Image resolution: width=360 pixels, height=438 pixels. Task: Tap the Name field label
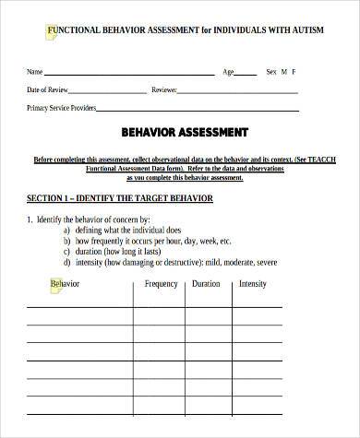[x=34, y=71]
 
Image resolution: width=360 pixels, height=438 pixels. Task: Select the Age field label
[x=228, y=71]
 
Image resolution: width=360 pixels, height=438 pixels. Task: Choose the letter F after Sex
[x=294, y=71]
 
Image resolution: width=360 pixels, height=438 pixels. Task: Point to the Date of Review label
[x=46, y=90]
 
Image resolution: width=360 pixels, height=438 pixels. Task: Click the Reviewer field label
[x=163, y=90]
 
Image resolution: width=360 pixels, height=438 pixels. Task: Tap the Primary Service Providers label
[x=61, y=109]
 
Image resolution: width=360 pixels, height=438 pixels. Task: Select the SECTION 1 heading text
[x=120, y=199]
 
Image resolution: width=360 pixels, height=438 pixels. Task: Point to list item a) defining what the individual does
[x=128, y=230]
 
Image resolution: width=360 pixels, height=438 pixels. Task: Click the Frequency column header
[x=161, y=284]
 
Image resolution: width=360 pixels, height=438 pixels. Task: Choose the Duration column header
[x=205, y=284]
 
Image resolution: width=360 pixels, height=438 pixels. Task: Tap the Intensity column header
[x=252, y=284]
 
